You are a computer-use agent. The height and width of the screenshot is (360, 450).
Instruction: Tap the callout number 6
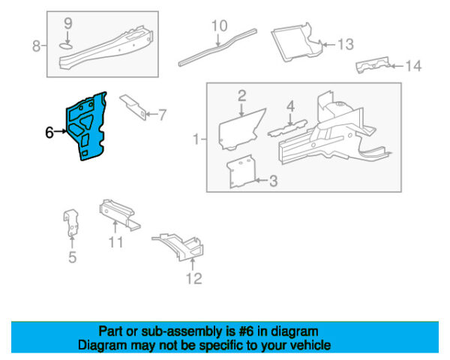pos(49,133)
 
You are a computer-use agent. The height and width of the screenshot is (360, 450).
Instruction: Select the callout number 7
pos(163,115)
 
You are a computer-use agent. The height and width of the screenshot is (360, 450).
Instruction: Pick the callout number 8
pos(36,46)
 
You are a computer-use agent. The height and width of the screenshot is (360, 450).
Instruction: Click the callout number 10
pos(218,26)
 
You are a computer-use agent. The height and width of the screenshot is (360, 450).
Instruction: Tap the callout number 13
pos(344,44)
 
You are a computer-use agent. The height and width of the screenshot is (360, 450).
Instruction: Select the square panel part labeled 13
pos(294,42)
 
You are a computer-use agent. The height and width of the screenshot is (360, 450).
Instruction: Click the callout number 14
pos(413,66)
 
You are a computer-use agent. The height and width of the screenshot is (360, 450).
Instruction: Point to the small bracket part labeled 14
pos(372,65)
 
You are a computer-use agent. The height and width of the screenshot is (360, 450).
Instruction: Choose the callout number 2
pos(242,94)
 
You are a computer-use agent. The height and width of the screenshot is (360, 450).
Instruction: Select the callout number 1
pos(196,139)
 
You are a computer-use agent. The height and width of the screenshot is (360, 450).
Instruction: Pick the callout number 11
pos(115,241)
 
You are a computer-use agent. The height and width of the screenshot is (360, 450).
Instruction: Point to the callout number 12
pos(194,280)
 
